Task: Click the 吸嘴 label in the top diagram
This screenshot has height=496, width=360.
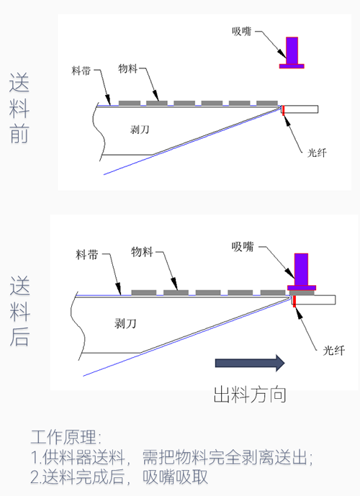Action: [x=242, y=32]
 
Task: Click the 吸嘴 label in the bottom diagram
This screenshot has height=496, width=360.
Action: [x=243, y=247]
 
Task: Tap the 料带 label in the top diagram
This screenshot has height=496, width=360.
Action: [x=81, y=71]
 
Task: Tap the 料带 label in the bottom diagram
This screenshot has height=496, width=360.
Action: [x=87, y=255]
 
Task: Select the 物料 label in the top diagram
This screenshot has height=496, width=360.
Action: [x=128, y=68]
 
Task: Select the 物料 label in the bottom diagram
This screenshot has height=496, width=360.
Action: [x=142, y=252]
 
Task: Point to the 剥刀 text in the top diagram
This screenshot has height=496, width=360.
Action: [x=140, y=130]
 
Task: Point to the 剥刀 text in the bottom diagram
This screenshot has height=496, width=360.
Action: [x=125, y=324]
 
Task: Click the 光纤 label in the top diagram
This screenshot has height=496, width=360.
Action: [x=317, y=153]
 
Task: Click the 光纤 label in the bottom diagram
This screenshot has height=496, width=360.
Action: [x=334, y=351]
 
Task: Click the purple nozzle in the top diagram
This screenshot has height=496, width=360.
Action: [x=292, y=53]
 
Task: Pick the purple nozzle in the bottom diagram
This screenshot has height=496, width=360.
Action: [x=302, y=271]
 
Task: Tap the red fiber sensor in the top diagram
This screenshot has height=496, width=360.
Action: [x=284, y=110]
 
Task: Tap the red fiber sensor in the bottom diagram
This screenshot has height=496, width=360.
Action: [x=294, y=302]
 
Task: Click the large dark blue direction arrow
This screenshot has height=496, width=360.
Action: [x=250, y=363]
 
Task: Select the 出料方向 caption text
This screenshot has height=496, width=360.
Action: [x=250, y=394]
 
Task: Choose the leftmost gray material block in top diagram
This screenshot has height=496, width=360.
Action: [x=130, y=103]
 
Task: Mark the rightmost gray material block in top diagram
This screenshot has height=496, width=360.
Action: [x=267, y=103]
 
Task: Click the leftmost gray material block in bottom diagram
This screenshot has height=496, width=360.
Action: [x=143, y=292]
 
